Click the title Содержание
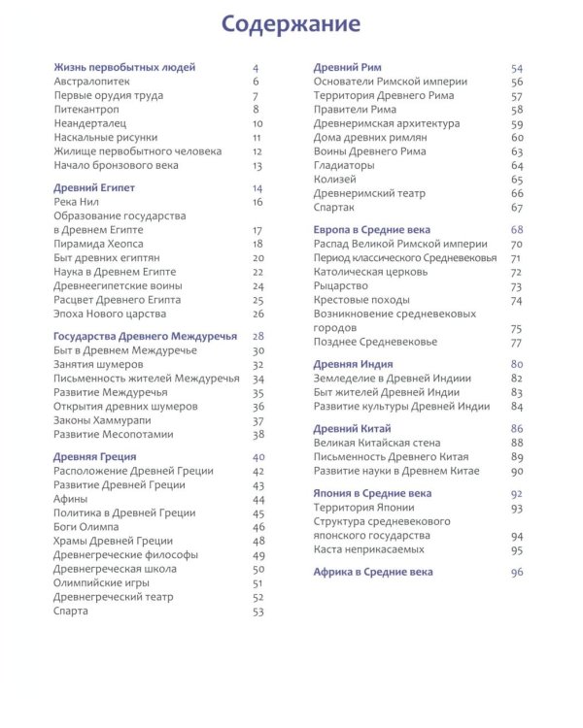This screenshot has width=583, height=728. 291,23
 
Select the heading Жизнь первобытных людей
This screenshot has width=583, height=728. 124,68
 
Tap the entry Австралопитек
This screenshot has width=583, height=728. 88,82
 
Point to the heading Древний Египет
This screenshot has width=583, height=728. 94,188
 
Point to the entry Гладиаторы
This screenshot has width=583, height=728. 344,166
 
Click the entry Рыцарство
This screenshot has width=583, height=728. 340,286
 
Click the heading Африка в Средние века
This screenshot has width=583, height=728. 373,573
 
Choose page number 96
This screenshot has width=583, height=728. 516,573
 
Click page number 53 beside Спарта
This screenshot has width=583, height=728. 257,612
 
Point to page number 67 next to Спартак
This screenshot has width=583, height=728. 517,208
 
